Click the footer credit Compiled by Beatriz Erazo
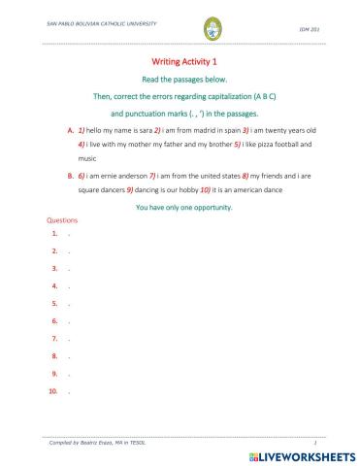(x=90, y=442)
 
